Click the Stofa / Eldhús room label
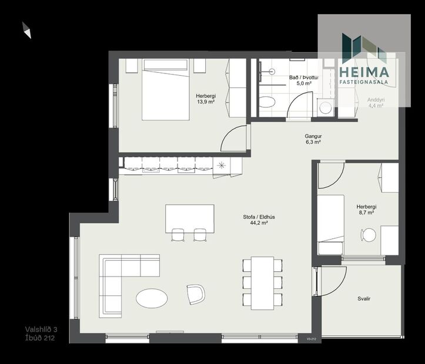(x=259, y=216)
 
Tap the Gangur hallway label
(x=313, y=136)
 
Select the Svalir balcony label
(x=364, y=299)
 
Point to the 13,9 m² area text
(x=206, y=102)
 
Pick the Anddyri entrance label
(x=376, y=100)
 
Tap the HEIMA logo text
(x=364, y=72)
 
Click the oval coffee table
(x=152, y=298)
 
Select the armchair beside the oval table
(x=196, y=293)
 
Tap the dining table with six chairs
(x=262, y=282)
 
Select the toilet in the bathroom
(x=267, y=102)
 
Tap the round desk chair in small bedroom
(x=369, y=235)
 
